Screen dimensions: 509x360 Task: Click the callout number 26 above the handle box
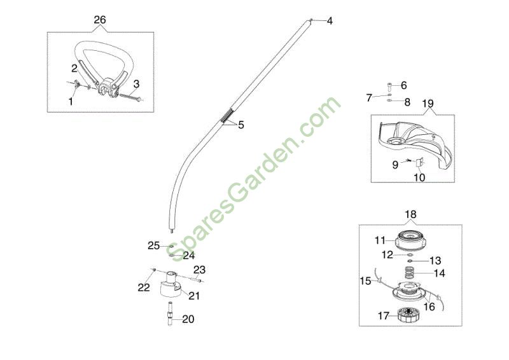tap(100, 20)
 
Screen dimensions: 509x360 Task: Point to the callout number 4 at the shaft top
tap(330, 21)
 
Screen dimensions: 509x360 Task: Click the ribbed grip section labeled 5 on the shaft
tap(227, 116)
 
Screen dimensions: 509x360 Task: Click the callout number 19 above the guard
tap(428, 104)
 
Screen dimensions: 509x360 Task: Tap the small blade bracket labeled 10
tap(419, 162)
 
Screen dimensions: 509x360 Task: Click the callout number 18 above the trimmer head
tap(410, 214)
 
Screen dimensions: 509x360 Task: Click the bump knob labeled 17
tap(408, 315)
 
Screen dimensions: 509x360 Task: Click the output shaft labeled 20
tap(170, 314)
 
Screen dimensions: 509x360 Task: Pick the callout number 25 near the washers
tap(154, 246)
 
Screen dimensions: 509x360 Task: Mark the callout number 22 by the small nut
tap(144, 287)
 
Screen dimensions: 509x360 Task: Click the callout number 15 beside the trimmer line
tap(365, 280)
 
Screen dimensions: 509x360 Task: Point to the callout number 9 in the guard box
tap(395, 165)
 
